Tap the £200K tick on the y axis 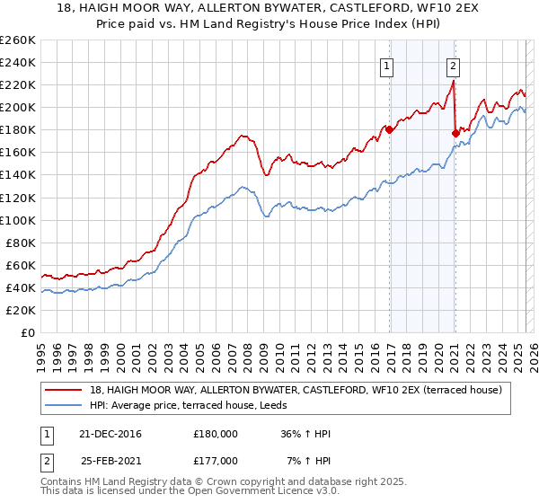click(18, 107)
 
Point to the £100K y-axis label click(18, 220)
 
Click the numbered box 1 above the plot click(386, 65)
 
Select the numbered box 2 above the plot click(453, 65)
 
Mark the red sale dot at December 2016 click(389, 129)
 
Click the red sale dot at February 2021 click(455, 133)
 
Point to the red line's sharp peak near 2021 click(454, 82)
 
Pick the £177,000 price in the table click(215, 459)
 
